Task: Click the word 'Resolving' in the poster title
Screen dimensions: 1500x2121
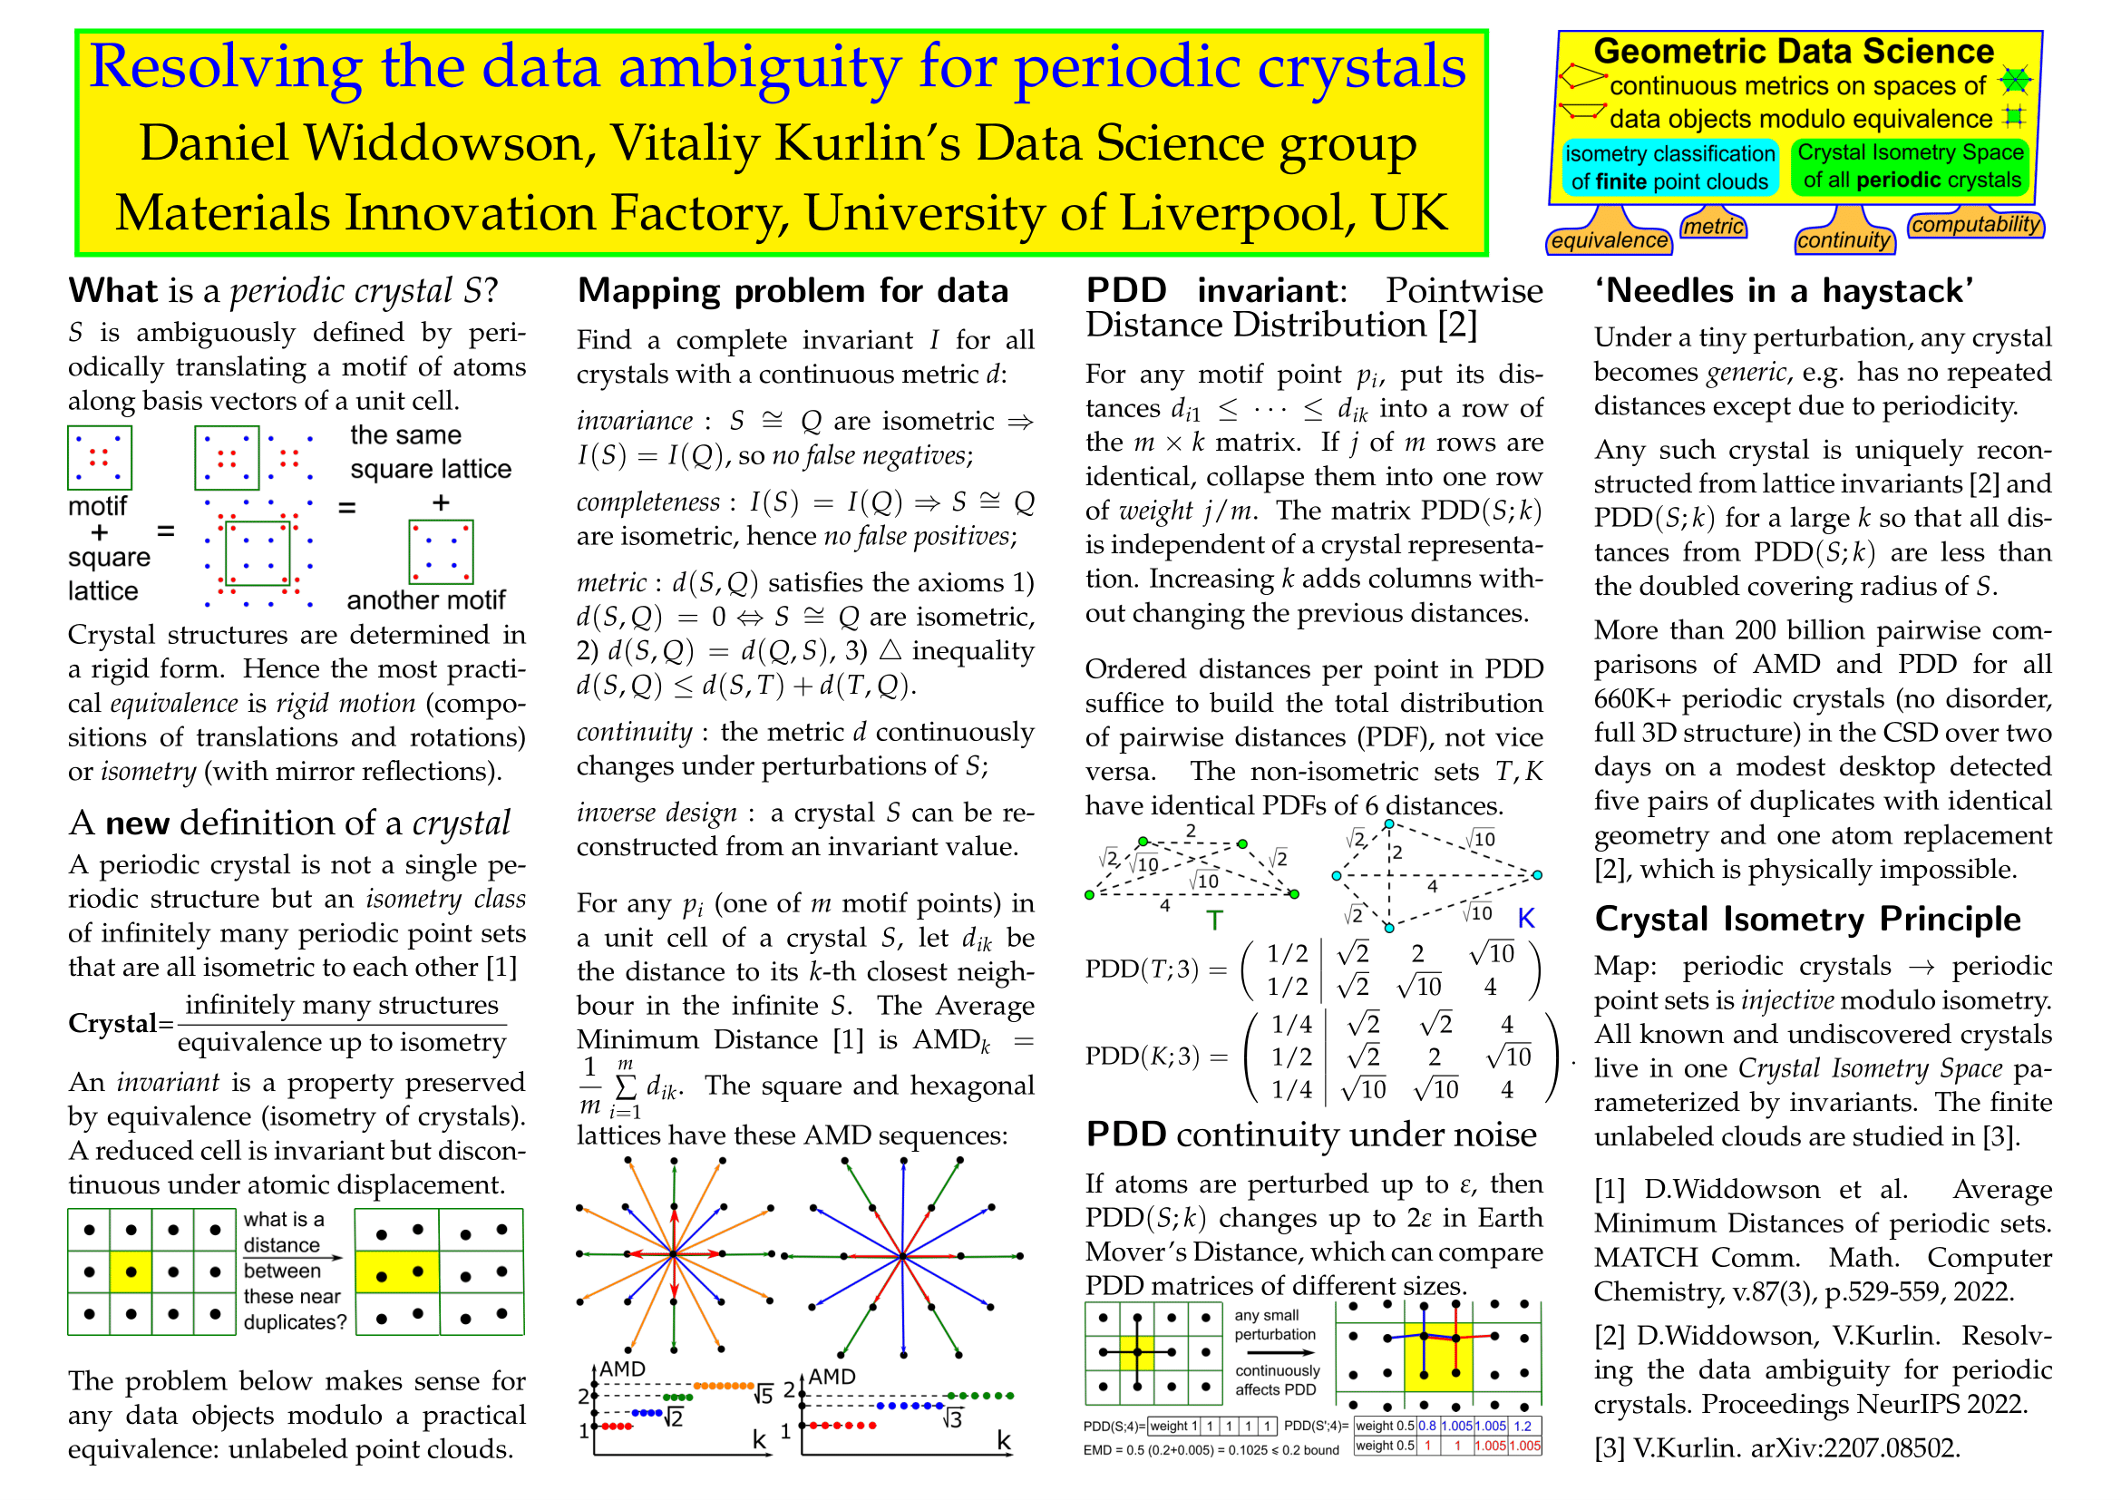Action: (226, 67)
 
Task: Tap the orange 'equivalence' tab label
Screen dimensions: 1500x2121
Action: (1610, 241)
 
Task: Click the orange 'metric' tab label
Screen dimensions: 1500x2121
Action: (1714, 227)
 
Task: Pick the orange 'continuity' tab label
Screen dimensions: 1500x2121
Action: (1844, 240)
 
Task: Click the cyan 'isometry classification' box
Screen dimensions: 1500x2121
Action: (1669, 167)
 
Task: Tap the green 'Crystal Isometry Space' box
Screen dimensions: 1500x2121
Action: (1911, 166)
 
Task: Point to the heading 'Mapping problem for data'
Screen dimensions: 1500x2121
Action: (793, 291)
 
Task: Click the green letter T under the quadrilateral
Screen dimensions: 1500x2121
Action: (1215, 920)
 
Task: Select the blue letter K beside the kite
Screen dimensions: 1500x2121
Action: (1526, 918)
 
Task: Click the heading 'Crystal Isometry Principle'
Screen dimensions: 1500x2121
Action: (1807, 919)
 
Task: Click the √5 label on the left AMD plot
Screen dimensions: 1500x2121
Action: (763, 1395)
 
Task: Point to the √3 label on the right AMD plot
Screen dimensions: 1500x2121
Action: (951, 1417)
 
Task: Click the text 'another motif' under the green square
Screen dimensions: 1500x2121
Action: (426, 600)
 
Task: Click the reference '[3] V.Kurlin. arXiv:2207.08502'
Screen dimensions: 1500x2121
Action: (1776, 1447)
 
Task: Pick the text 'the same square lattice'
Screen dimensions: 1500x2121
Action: (431, 453)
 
